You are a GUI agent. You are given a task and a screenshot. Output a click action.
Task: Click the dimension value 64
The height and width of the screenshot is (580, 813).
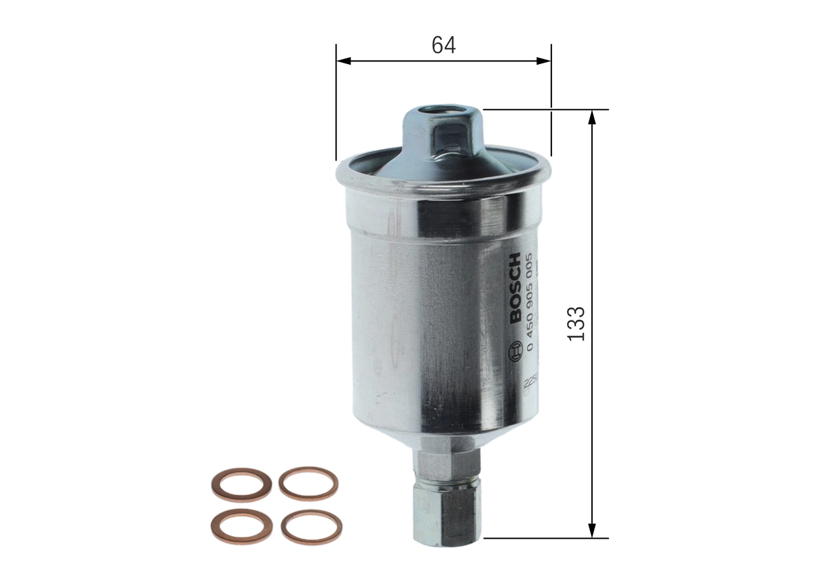[443, 45]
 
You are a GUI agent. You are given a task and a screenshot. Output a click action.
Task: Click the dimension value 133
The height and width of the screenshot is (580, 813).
[575, 324]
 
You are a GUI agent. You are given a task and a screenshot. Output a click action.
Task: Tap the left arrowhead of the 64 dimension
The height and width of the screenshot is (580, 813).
[344, 61]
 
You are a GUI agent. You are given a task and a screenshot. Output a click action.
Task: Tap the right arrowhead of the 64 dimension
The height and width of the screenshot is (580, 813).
[543, 61]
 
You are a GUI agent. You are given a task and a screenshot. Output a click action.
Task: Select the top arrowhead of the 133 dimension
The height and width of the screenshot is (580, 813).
[592, 117]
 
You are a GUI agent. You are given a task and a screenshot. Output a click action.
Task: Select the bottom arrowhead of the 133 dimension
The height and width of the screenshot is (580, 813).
[592, 531]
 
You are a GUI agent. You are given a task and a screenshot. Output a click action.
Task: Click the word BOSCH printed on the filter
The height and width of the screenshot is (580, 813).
[514, 287]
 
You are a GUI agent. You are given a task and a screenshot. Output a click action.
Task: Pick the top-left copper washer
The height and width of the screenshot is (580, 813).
[241, 485]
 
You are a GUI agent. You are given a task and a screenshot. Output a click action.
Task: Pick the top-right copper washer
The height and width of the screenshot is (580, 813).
[309, 484]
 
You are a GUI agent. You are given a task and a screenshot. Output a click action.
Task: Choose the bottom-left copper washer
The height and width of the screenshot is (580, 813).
[241, 526]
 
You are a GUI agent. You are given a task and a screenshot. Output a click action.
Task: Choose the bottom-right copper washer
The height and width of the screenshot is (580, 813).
[311, 527]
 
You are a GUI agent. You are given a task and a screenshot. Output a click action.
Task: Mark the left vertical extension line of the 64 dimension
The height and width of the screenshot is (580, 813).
[336, 102]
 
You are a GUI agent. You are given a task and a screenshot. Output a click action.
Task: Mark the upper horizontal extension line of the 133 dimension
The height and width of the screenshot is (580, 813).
[546, 110]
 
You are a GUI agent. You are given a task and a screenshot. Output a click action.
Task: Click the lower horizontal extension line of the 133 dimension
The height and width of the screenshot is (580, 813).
[546, 538]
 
